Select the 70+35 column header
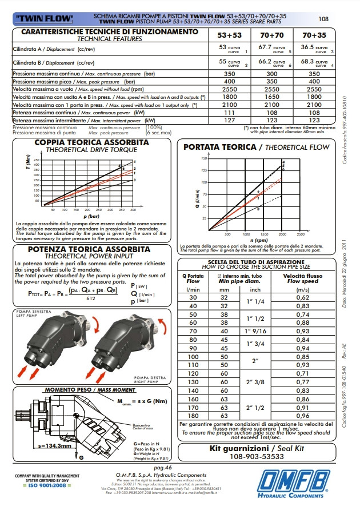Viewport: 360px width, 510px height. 314,34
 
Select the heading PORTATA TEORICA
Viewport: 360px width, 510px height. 220,147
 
